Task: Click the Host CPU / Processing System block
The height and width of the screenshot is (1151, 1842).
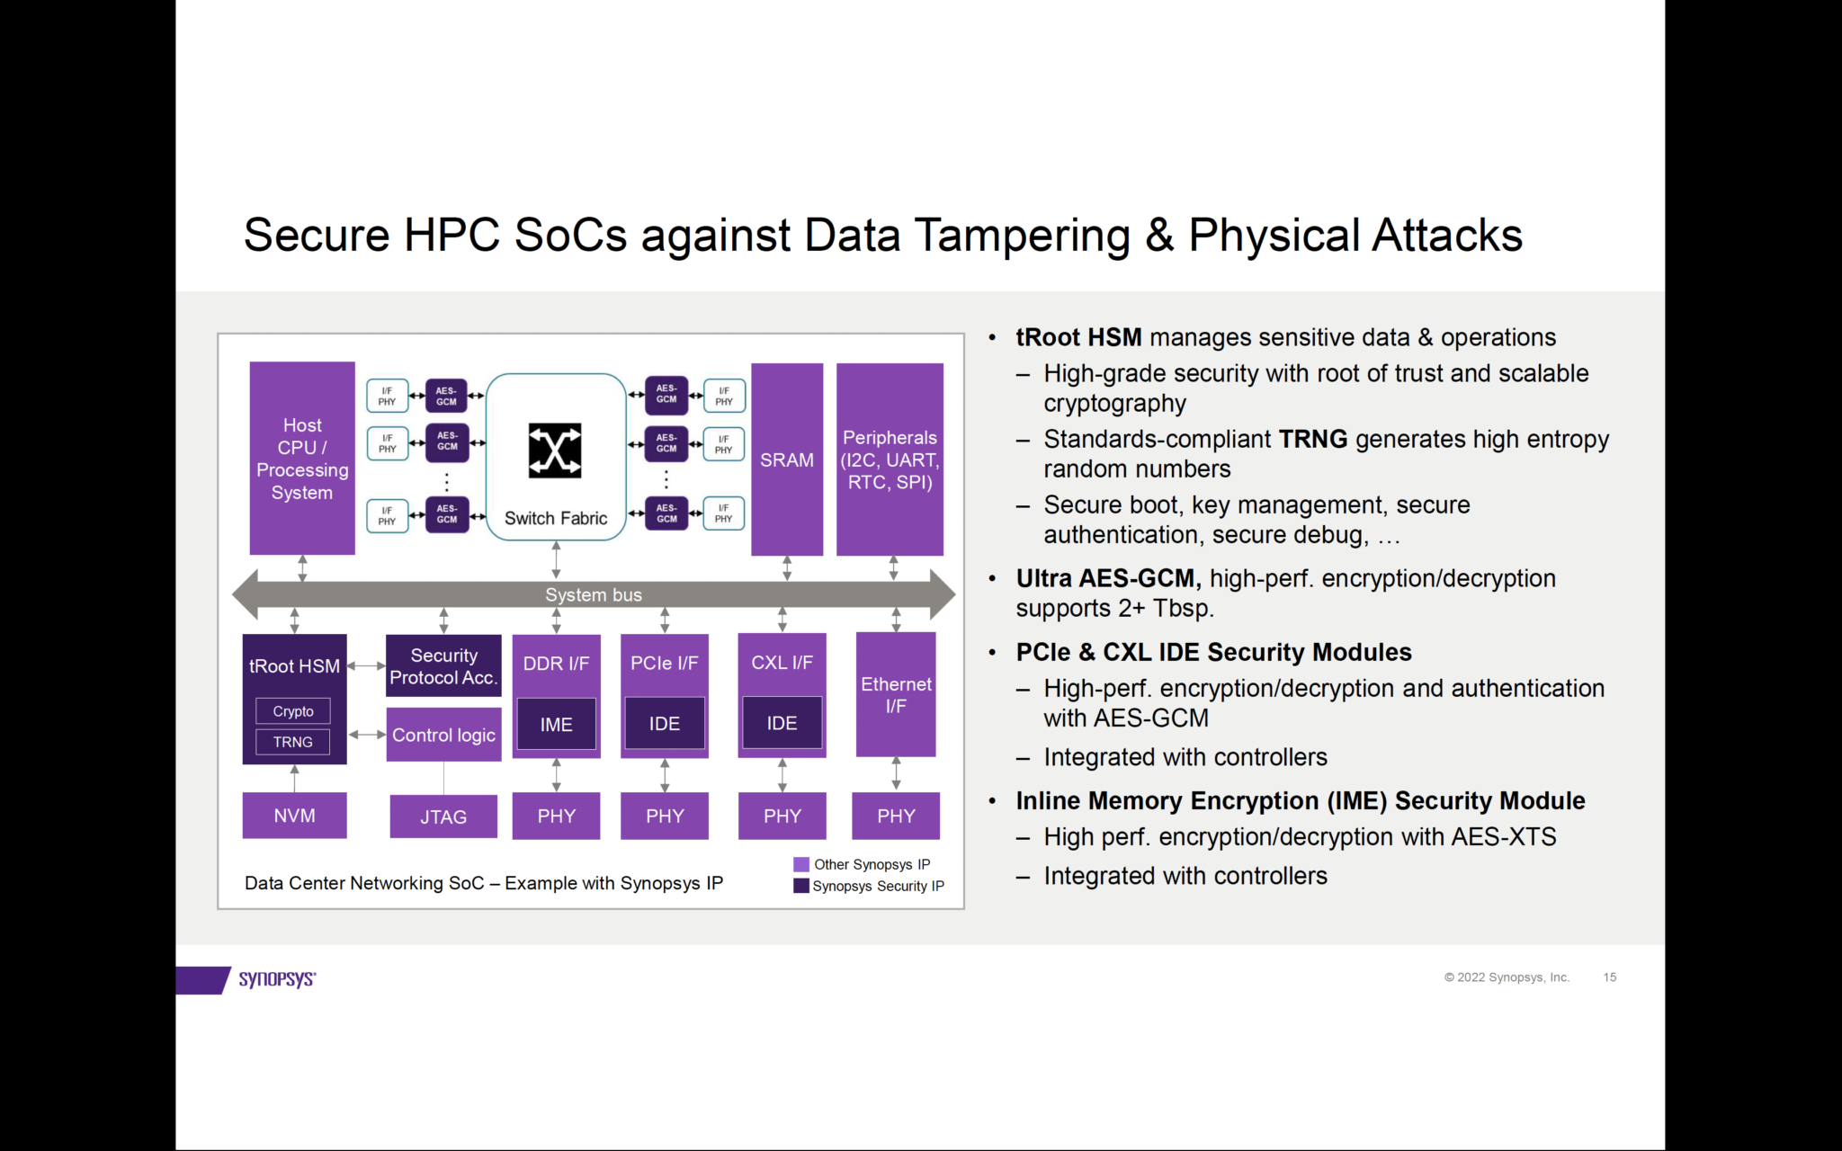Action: (302, 459)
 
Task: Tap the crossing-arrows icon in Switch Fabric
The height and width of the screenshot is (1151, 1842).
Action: (555, 450)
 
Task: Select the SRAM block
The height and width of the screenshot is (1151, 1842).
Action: (787, 460)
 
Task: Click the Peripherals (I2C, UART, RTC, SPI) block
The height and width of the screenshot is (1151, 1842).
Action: (890, 460)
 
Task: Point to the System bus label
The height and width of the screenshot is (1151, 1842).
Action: (594, 594)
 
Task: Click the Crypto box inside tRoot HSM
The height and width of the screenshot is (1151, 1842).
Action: (293, 711)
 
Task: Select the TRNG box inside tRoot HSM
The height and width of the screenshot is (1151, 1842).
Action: (293, 742)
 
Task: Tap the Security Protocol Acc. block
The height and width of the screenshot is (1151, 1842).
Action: (443, 666)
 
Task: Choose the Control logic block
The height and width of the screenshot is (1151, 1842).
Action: (443, 735)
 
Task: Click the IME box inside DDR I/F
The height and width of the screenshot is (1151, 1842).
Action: (556, 724)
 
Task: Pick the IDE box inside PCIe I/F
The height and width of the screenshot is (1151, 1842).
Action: (665, 724)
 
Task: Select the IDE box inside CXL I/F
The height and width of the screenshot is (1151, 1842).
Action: (782, 723)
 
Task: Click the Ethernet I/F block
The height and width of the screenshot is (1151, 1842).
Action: (896, 694)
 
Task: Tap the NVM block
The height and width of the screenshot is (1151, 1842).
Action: (294, 816)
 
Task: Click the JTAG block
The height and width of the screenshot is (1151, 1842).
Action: (443, 816)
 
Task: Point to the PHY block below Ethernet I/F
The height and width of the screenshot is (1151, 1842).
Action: (896, 816)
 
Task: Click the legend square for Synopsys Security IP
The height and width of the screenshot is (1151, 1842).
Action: (801, 886)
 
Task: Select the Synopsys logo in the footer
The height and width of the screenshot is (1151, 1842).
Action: (276, 978)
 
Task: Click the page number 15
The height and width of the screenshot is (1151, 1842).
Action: (1609, 977)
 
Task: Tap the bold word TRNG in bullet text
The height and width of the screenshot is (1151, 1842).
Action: (1312, 439)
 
